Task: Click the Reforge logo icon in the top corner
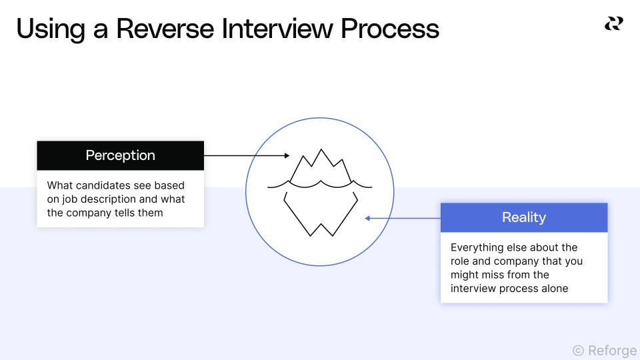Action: point(613,24)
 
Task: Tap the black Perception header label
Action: point(120,155)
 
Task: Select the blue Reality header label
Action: point(523,217)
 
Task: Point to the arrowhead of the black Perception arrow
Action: point(287,155)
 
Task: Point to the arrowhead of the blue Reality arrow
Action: point(367,217)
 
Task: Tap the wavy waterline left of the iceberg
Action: point(277,185)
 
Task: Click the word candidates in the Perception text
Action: point(101,185)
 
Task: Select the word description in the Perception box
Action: point(126,199)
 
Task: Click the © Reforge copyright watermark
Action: point(604,350)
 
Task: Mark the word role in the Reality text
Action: point(460,261)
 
